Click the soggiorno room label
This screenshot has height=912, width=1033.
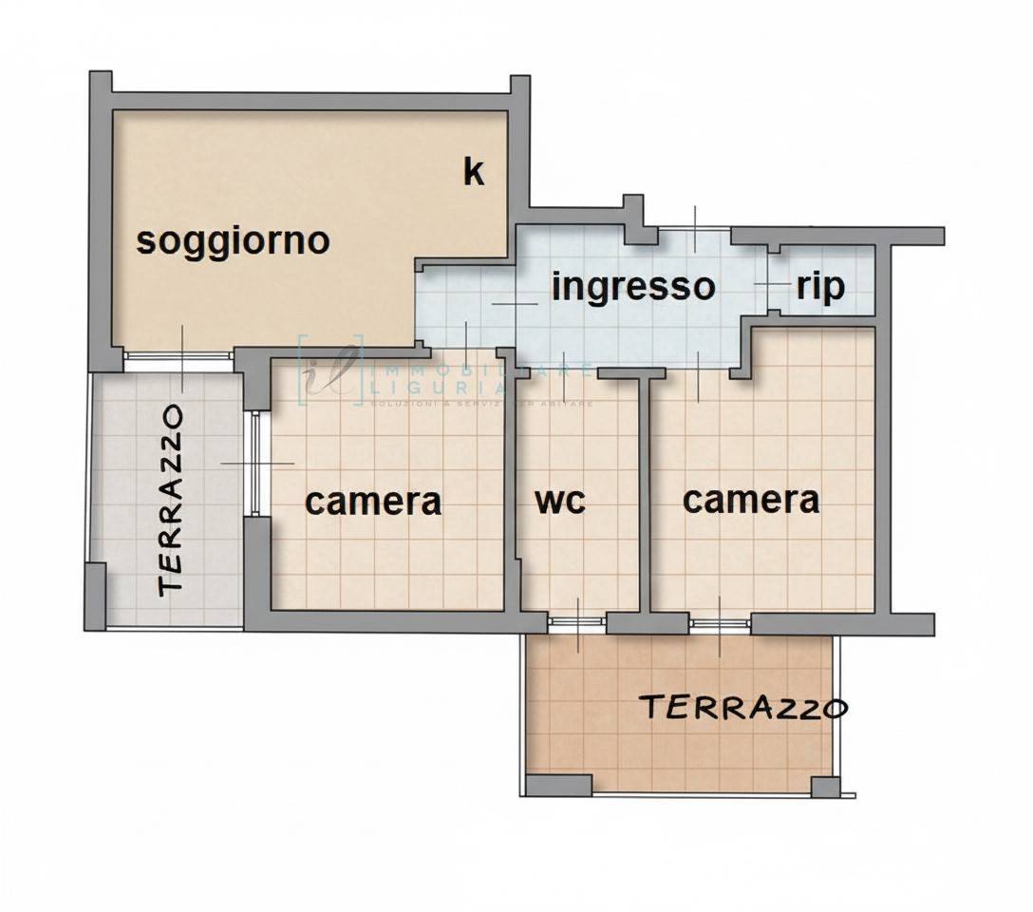[x=233, y=240]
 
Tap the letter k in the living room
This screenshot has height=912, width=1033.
[x=473, y=172]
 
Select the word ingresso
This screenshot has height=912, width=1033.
[x=632, y=286]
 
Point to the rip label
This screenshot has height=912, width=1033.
[x=820, y=286]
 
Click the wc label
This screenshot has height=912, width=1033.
[x=560, y=501]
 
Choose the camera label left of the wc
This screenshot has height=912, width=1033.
[x=373, y=501]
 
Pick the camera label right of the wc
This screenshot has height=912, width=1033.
[x=751, y=499]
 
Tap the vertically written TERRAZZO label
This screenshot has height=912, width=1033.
[x=172, y=500]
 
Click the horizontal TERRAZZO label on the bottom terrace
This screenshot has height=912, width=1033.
[x=742, y=708]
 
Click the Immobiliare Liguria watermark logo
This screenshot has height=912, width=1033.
[x=332, y=370]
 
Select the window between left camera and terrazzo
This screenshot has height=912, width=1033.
[x=254, y=463]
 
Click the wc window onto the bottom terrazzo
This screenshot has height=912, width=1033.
[x=577, y=622]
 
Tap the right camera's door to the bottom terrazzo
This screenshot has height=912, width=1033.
[x=720, y=623]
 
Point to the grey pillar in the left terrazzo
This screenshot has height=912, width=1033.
[x=96, y=595]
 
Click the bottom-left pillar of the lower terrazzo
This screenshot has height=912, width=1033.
[x=559, y=786]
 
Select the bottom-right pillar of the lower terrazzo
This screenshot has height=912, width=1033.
[x=825, y=787]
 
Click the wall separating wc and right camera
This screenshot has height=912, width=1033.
[x=646, y=494]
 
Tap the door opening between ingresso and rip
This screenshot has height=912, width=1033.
[x=772, y=284]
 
